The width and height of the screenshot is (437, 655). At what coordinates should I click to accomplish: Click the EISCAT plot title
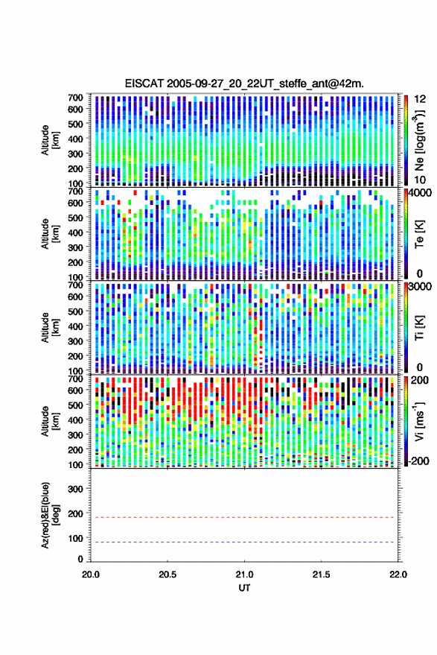coord(244,83)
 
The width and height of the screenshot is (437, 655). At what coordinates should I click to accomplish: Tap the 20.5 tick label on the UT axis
coord(168,575)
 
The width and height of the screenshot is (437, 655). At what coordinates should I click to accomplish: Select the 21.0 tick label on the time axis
coord(244,575)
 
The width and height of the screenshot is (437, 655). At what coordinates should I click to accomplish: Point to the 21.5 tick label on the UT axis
coord(321,575)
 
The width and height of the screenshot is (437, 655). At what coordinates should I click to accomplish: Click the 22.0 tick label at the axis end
coord(398,575)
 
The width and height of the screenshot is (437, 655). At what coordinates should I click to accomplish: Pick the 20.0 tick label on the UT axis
coord(91,575)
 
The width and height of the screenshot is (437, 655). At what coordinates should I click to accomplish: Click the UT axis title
coord(244,588)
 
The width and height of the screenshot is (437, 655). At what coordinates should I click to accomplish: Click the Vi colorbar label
coord(419,421)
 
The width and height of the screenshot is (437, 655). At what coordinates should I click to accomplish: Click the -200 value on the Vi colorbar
coord(418,461)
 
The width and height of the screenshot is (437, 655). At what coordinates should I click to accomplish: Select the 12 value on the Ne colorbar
coord(421,99)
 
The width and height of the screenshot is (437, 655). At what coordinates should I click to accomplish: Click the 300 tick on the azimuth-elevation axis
coord(75,489)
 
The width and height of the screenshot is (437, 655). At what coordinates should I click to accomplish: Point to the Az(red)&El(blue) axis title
coord(50,516)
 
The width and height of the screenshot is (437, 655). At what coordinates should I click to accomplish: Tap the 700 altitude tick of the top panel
coord(75,98)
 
